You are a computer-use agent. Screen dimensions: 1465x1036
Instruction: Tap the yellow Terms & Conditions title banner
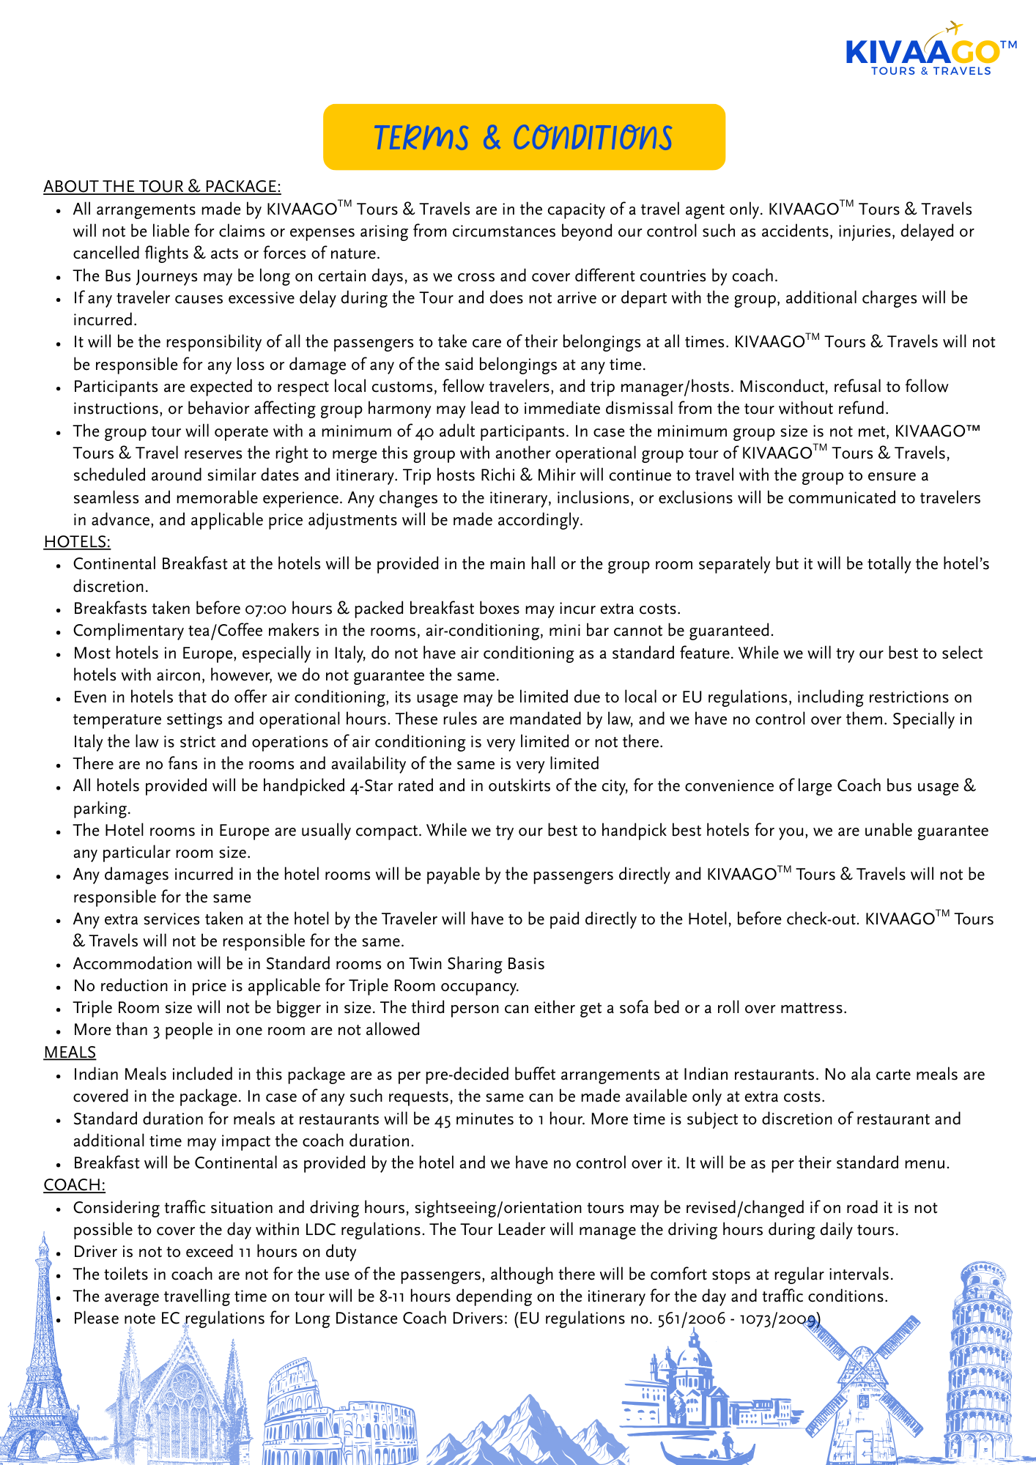click(x=524, y=137)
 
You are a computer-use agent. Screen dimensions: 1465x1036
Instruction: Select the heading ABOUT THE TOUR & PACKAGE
click(x=162, y=186)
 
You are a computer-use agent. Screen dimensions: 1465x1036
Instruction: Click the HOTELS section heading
click(x=77, y=541)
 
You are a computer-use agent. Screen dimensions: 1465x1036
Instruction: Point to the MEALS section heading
click(x=70, y=1052)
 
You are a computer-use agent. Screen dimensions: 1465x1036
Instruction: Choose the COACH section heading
click(x=74, y=1184)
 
